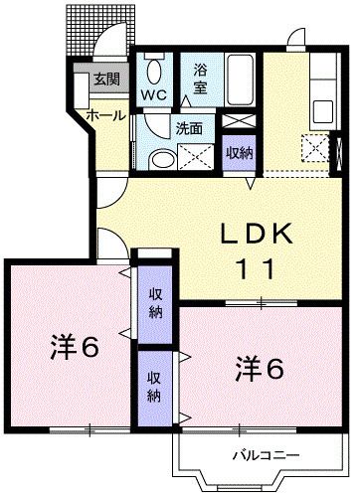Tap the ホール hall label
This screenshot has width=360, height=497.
(105, 115)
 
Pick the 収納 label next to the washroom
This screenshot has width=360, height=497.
(239, 153)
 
